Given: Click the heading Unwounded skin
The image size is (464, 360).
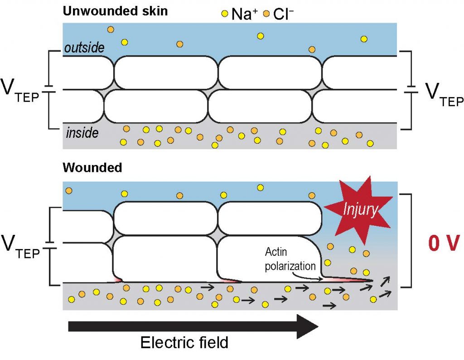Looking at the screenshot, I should point(115,11).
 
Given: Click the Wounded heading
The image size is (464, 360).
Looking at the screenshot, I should point(92,168).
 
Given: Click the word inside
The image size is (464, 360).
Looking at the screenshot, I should point(82,133).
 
